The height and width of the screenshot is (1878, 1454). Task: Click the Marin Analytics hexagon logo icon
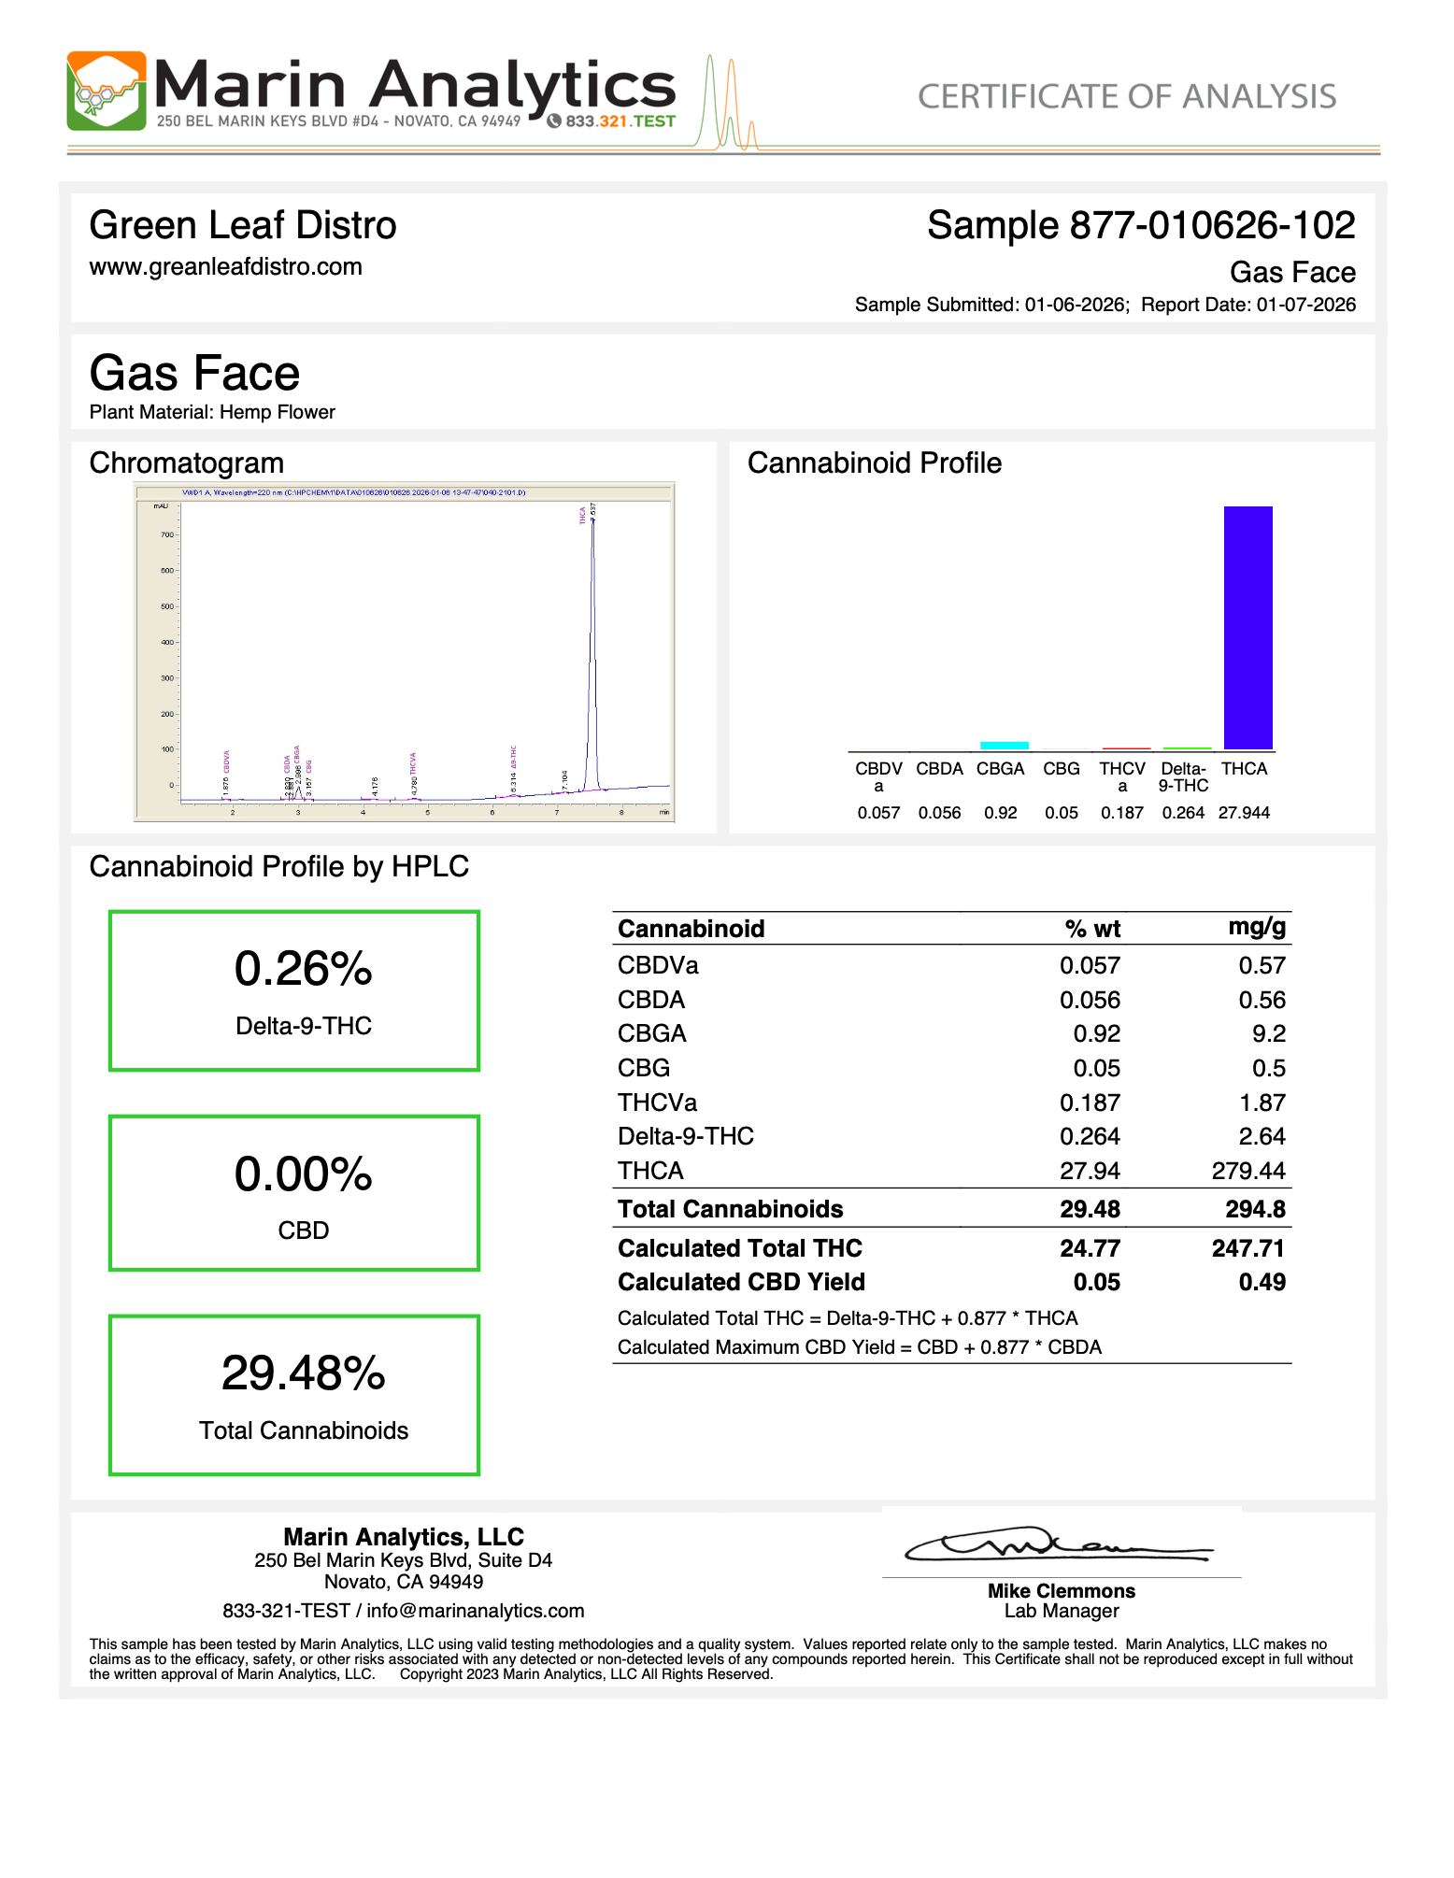click(107, 91)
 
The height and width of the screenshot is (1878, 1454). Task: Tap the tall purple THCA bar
click(1247, 627)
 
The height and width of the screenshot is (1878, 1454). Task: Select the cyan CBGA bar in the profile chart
click(1004, 745)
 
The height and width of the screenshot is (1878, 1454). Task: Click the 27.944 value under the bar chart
click(1244, 813)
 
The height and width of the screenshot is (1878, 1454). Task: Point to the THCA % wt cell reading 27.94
click(1090, 1171)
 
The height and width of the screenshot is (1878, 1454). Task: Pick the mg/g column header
click(1257, 927)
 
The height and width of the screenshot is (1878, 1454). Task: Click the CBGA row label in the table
click(652, 1033)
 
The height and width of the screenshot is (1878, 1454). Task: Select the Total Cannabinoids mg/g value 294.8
click(1255, 1209)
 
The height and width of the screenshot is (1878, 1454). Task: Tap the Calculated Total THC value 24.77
click(1090, 1248)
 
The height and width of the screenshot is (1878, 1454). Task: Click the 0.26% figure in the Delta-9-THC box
click(303, 969)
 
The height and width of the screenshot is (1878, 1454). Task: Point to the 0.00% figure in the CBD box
click(303, 1174)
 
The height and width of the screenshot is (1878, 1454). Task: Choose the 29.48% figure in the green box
click(303, 1373)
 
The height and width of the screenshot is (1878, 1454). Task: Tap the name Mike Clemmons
click(1062, 1591)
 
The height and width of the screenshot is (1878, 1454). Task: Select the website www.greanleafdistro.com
click(226, 267)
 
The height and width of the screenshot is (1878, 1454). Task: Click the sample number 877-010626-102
click(1212, 226)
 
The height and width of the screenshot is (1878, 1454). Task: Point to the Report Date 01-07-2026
click(1305, 305)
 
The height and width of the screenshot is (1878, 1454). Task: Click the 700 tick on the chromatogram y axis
click(167, 535)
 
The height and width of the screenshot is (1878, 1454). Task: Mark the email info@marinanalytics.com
click(475, 1611)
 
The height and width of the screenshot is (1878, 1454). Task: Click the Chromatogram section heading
click(187, 463)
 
